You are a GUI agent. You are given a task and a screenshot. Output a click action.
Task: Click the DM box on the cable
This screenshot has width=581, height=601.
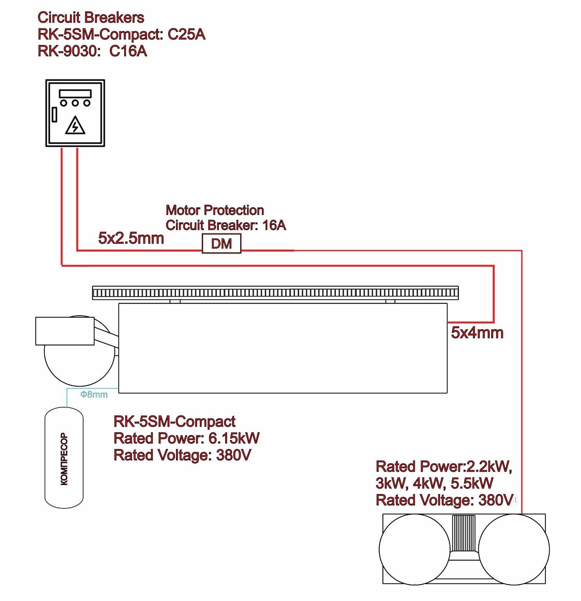(221, 244)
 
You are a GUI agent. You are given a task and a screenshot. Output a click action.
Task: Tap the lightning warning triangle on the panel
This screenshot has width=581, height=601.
(75, 125)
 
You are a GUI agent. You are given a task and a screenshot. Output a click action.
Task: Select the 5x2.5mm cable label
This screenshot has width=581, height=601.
(131, 238)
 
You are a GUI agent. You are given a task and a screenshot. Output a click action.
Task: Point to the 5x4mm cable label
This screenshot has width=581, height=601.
(477, 333)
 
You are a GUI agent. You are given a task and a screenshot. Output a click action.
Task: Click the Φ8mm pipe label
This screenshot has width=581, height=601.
(94, 394)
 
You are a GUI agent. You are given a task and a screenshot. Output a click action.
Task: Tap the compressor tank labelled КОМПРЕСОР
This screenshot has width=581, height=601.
(64, 458)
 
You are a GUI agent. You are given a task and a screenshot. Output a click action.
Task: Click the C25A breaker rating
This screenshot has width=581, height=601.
(187, 34)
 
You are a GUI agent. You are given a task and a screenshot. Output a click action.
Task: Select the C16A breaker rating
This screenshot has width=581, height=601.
(128, 51)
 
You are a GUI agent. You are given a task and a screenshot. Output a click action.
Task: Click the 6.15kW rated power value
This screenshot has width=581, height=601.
(234, 438)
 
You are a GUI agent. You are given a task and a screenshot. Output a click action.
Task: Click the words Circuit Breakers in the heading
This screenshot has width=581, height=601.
(91, 18)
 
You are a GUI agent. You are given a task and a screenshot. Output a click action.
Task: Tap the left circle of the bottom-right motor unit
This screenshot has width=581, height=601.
(414, 549)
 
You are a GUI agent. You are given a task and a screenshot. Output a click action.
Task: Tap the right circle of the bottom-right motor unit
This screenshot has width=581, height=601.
(514, 549)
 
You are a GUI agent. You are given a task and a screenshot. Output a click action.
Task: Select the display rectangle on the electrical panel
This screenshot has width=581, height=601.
(75, 94)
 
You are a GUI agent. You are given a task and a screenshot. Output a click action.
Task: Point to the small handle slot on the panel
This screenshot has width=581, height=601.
(55, 115)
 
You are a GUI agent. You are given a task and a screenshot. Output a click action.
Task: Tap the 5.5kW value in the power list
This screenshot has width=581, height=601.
(472, 483)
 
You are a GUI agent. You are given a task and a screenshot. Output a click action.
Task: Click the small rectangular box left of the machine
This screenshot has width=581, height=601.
(65, 331)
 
